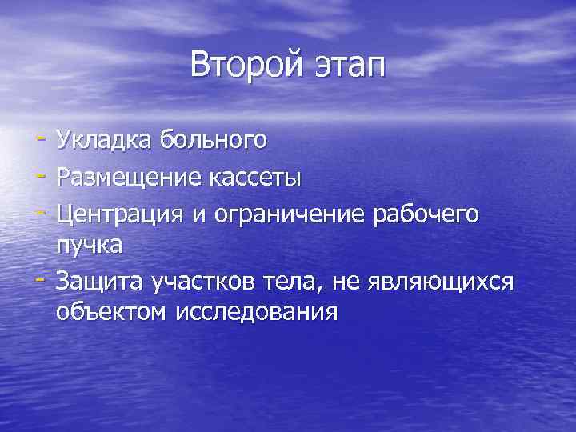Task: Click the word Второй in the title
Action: point(243,65)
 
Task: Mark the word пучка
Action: point(90,245)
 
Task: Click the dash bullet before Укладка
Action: point(40,141)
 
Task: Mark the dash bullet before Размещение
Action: point(40,176)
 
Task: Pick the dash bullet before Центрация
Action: point(40,210)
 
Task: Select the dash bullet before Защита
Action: point(40,279)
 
